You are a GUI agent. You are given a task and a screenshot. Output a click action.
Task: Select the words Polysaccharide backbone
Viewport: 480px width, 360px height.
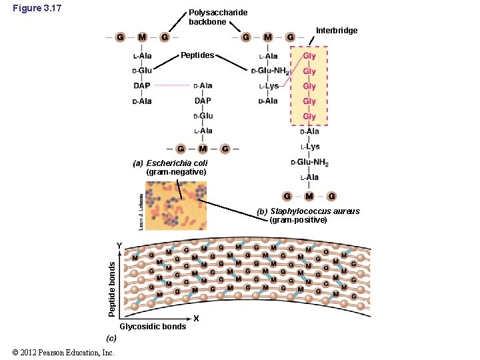(218, 17)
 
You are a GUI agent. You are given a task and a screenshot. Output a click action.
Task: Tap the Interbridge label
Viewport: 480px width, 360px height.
(337, 31)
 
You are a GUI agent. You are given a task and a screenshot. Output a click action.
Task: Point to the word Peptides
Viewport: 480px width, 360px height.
(197, 55)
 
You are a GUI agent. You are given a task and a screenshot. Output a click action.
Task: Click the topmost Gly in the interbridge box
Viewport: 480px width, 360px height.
(309, 56)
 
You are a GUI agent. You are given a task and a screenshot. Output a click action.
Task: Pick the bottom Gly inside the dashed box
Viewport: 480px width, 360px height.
(309, 117)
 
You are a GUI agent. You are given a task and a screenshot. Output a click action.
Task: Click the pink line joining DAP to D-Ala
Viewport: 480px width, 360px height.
(172, 85)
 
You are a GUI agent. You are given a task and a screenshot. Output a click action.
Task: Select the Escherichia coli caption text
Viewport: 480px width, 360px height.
(177, 163)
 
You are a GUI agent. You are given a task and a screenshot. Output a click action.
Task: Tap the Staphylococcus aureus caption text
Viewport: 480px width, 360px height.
(315, 211)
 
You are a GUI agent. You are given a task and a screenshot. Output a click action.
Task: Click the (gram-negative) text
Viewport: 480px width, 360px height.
(176, 172)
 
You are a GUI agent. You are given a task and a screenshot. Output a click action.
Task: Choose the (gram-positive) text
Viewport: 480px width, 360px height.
(298, 220)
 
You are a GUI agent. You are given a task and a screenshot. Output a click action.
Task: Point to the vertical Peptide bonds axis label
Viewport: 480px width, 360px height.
(113, 289)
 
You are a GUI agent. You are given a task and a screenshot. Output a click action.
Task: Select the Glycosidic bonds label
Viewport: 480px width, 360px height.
(153, 327)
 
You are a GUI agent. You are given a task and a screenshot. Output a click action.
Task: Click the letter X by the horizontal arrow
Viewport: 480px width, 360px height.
(196, 319)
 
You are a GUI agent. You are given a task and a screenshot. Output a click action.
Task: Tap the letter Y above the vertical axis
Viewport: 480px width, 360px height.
(119, 246)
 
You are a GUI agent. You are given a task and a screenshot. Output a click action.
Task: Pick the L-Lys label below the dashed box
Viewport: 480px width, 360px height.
(310, 147)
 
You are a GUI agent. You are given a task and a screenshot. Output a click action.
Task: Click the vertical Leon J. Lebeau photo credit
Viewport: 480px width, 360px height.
(141, 212)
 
